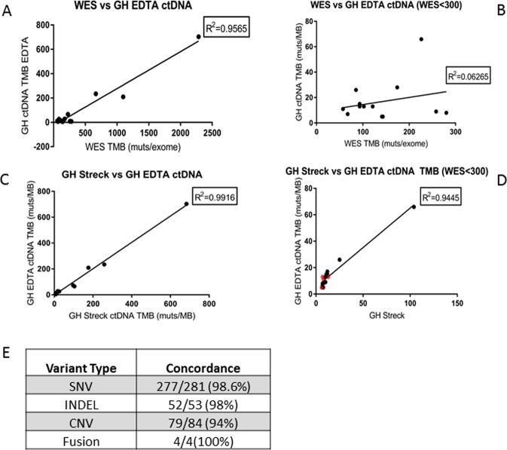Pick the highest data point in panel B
pos(421,39)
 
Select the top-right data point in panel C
pos(187,204)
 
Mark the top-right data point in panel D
pos(414,207)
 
